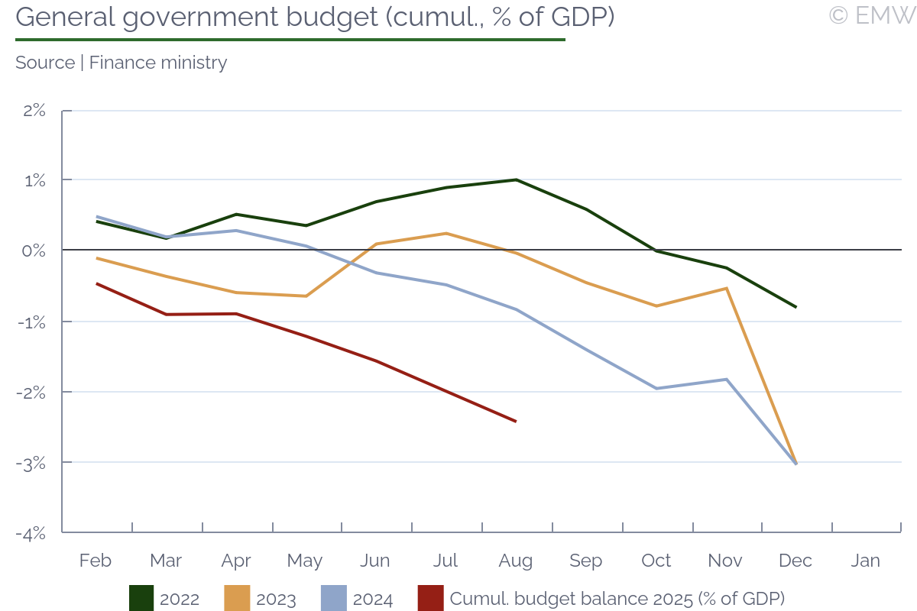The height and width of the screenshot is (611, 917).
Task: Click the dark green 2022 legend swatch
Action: (x=141, y=599)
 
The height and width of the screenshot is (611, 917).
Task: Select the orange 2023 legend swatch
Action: (x=238, y=599)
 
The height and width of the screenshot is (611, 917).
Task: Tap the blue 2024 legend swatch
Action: (x=334, y=599)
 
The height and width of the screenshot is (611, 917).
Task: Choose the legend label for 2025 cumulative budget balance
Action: (x=617, y=599)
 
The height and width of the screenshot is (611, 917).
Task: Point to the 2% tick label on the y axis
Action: (x=34, y=110)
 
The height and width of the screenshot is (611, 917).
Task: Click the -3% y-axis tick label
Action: (x=31, y=463)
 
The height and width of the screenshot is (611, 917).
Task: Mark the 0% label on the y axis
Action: (x=34, y=251)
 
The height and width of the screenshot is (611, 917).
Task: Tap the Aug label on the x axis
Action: (x=516, y=561)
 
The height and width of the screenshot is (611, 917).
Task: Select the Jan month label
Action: (x=866, y=561)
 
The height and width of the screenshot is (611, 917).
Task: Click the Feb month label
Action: (x=96, y=561)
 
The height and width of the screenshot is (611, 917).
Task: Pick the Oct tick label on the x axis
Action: (x=656, y=561)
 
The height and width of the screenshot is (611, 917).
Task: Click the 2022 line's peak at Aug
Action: (x=516, y=179)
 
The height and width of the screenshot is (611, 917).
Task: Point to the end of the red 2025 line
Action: (x=516, y=421)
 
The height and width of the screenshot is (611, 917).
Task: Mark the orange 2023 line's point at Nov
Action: (x=726, y=288)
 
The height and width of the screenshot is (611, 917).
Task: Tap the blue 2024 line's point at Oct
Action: (x=656, y=389)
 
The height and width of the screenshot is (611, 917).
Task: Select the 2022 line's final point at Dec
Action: (x=796, y=307)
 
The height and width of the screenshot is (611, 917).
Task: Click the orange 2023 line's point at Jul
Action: (x=446, y=233)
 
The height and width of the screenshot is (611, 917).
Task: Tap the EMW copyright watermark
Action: (x=872, y=15)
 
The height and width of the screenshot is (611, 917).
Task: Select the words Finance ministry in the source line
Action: (x=158, y=63)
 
